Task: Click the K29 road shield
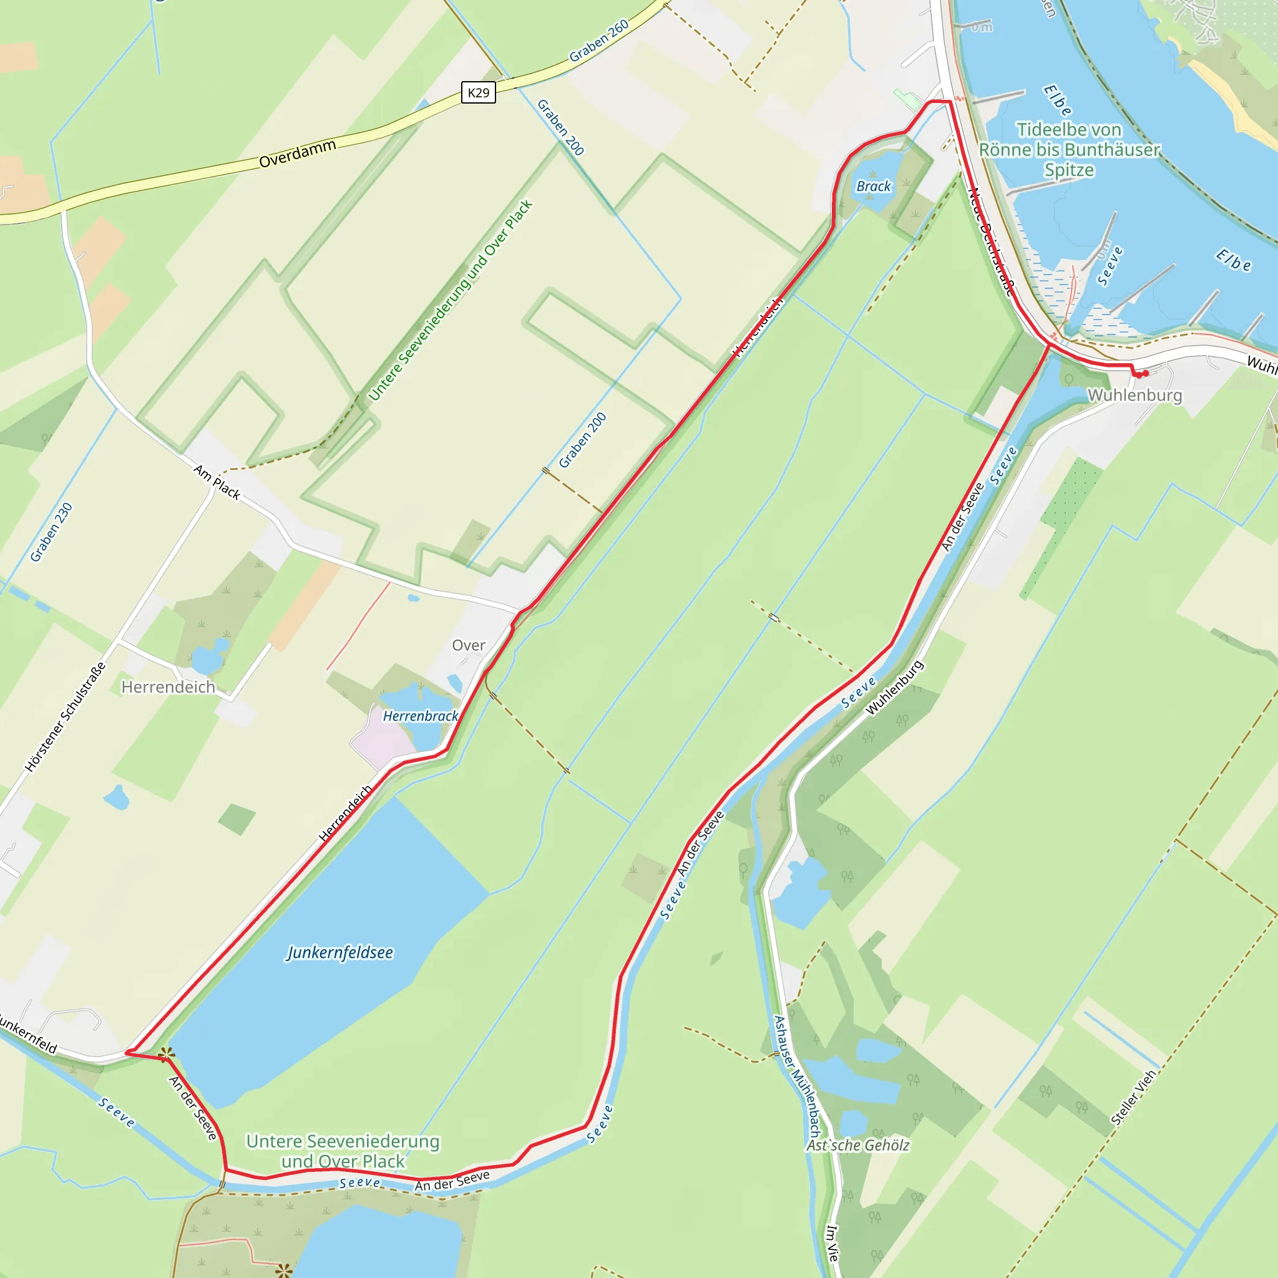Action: tap(478, 92)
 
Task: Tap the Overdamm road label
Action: tap(297, 154)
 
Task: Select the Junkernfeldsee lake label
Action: tap(340, 952)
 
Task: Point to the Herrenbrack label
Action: tap(421, 716)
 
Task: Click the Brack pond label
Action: tap(873, 187)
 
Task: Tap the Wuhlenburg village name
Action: tap(1134, 395)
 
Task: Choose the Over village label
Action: tap(469, 645)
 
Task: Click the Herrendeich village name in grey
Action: tap(168, 687)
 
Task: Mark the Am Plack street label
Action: tap(217, 482)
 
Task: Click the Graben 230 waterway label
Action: tap(51, 532)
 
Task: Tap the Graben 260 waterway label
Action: tap(599, 41)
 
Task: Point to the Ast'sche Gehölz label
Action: tap(858, 1145)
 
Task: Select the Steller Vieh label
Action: tap(1133, 1098)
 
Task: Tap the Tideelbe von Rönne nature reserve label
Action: tap(1069, 150)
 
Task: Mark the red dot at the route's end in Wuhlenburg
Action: tap(1141, 374)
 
